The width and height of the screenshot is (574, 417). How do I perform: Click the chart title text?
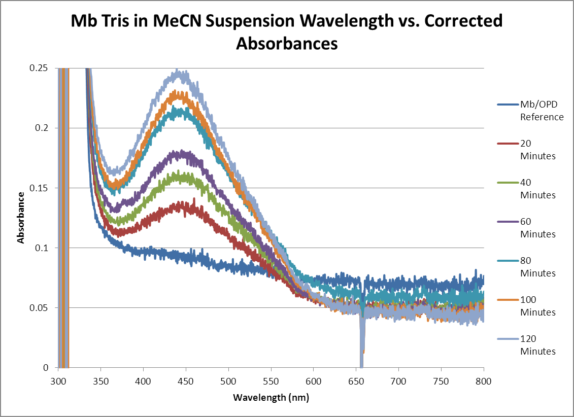287,32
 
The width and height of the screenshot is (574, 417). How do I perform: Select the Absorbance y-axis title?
21,218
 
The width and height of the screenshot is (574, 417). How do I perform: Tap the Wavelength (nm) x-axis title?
271,397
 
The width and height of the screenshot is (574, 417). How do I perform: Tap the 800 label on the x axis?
483,379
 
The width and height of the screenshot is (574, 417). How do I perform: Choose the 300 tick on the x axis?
58,379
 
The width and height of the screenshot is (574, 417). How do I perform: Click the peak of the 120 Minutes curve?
177,71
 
